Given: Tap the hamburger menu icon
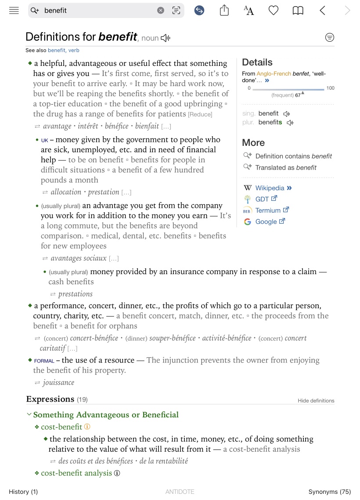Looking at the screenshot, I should (x=14, y=11).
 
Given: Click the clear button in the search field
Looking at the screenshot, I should (x=161, y=11).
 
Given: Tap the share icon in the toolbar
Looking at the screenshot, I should (x=224, y=11).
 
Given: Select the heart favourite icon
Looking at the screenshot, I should (x=274, y=11).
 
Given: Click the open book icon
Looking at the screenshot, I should (x=298, y=11).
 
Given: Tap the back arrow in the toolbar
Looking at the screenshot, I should (x=323, y=11).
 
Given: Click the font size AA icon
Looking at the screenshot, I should (x=249, y=11).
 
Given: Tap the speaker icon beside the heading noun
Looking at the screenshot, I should (x=165, y=38).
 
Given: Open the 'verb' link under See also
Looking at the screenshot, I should (x=74, y=51).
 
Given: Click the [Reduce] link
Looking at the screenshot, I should (x=200, y=115).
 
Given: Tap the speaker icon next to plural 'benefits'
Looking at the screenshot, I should (x=290, y=123).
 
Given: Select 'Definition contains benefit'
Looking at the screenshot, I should (x=293, y=156).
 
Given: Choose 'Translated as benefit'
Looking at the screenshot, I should (x=285, y=167).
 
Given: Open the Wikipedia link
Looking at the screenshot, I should (x=270, y=188).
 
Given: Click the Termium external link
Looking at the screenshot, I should (x=268, y=210).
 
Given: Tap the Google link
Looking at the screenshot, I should (x=266, y=222).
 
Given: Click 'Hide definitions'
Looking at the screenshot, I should (x=316, y=401).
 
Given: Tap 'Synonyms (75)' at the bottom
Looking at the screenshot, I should (x=329, y=492).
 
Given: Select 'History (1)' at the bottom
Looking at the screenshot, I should (x=23, y=492).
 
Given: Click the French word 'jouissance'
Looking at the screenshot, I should (x=58, y=383).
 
